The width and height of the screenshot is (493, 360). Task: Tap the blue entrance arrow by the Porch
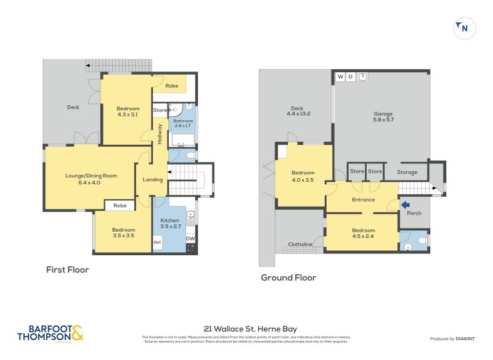[x=405, y=205]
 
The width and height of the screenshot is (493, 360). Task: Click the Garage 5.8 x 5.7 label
[x=383, y=117]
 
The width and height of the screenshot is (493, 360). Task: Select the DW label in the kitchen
[x=190, y=239]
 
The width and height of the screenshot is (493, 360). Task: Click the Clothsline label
[x=300, y=245]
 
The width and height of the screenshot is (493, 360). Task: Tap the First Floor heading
[x=68, y=270]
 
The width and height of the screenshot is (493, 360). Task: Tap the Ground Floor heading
[x=288, y=278]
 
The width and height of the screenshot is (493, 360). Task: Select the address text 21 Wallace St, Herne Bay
[x=250, y=329]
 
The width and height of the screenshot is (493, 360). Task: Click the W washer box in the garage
[x=340, y=77]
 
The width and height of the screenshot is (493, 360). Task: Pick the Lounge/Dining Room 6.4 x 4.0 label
[x=91, y=179]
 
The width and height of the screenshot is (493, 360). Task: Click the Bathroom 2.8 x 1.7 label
[x=183, y=124]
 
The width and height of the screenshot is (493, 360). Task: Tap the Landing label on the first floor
[x=153, y=180]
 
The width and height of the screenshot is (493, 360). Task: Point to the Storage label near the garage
[x=407, y=172]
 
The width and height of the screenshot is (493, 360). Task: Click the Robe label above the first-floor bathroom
[x=171, y=86]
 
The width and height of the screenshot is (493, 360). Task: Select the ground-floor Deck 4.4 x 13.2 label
[x=298, y=111]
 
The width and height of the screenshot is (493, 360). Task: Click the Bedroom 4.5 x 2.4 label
[x=363, y=233]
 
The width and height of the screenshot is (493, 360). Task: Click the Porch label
[x=415, y=214]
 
